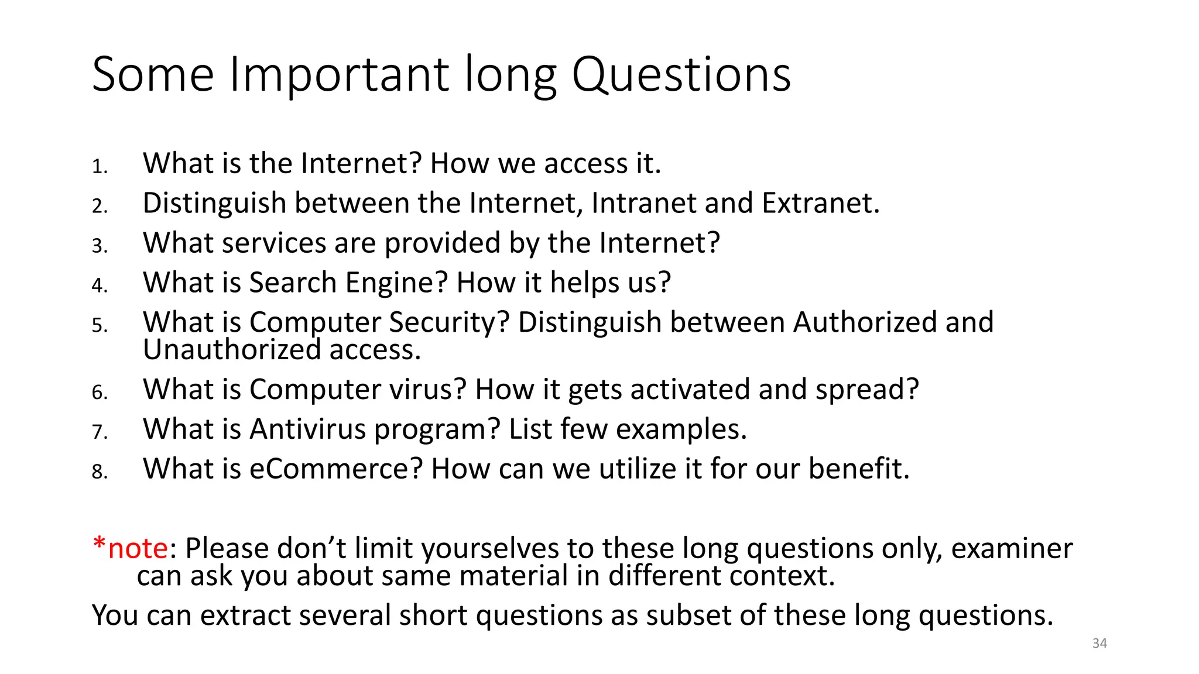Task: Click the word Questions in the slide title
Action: [681, 75]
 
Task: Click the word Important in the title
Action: [340, 75]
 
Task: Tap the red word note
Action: [138, 549]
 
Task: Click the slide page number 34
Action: [1099, 643]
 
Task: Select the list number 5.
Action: [100, 325]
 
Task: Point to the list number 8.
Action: [100, 472]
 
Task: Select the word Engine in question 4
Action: [396, 283]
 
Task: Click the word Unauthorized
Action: [232, 350]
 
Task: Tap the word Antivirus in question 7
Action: [307, 429]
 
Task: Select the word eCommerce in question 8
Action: [336, 469]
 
